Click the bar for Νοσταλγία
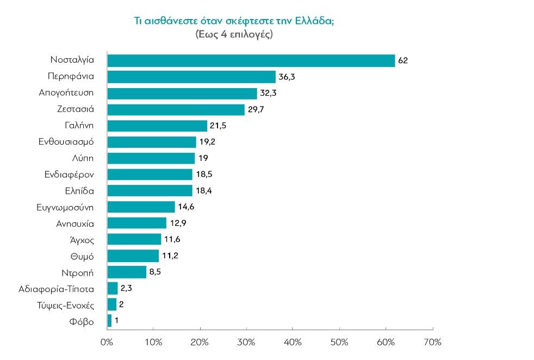pyautogui.click(x=251, y=60)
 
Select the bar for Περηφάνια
pyautogui.click(x=191, y=77)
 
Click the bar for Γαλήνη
pyautogui.click(x=157, y=126)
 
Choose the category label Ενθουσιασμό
pyautogui.click(x=66, y=142)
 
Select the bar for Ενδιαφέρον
pyautogui.click(x=150, y=175)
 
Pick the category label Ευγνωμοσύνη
pyautogui.click(x=66, y=207)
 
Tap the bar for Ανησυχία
pyautogui.click(x=137, y=223)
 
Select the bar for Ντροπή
pyautogui.click(x=127, y=272)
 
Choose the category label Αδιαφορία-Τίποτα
pyautogui.click(x=56, y=288)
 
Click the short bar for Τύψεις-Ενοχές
pyautogui.click(x=112, y=305)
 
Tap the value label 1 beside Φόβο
pyautogui.click(x=116, y=321)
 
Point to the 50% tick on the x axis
pyautogui.click(x=339, y=329)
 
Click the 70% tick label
pyautogui.click(x=432, y=343)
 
